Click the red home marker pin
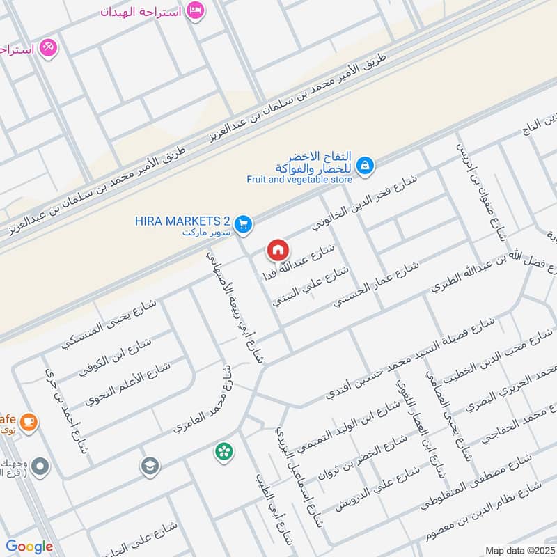click(277, 249)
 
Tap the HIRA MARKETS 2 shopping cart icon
click(242, 223)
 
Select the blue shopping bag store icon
click(363, 166)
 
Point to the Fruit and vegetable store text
click(299, 178)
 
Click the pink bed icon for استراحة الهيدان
click(196, 11)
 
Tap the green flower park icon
click(224, 452)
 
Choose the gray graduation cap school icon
click(150, 466)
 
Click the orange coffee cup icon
click(29, 421)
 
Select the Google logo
click(29, 547)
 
